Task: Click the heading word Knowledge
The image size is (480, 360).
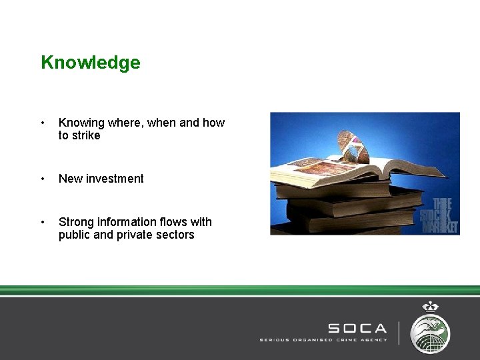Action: [x=91, y=63]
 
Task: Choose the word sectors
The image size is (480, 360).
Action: [x=175, y=235]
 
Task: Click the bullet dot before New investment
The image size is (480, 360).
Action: [x=43, y=179]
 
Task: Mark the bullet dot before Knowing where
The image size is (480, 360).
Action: [x=43, y=123]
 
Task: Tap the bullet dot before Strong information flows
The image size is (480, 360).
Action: [x=43, y=222]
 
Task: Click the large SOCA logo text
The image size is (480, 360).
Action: [x=357, y=328]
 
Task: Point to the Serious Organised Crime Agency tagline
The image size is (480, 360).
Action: [x=323, y=340]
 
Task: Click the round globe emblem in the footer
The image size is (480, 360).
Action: [x=430, y=333]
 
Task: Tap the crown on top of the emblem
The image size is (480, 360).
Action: [x=430, y=307]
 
